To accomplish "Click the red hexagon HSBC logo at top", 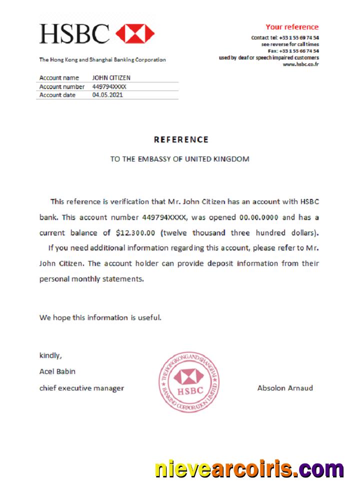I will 135,33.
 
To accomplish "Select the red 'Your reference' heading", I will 291,27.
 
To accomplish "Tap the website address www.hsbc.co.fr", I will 300,64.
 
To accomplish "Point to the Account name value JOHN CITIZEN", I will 111,78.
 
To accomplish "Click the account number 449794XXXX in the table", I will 109,86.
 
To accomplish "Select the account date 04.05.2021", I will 107,95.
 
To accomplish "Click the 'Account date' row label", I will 57,95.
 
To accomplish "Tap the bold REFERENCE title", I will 180,139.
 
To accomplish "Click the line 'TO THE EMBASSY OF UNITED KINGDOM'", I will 179,159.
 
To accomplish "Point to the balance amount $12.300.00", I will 136,232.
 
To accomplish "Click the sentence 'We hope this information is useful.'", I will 100,317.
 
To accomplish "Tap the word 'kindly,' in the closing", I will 50,356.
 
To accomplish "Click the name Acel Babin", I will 57,371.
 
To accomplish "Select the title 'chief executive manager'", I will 81,388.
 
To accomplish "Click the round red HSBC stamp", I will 189,381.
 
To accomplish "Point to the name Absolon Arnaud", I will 285,387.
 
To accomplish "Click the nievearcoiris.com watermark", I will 249,469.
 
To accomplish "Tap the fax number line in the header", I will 293,51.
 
